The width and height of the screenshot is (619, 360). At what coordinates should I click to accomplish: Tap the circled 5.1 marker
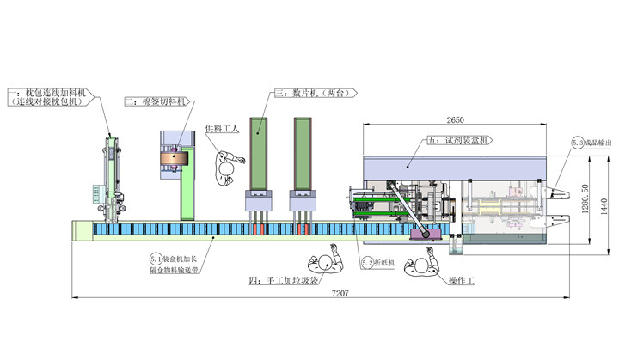coord(156,256)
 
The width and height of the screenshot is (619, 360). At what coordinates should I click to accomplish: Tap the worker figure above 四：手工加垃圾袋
coord(324,260)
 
